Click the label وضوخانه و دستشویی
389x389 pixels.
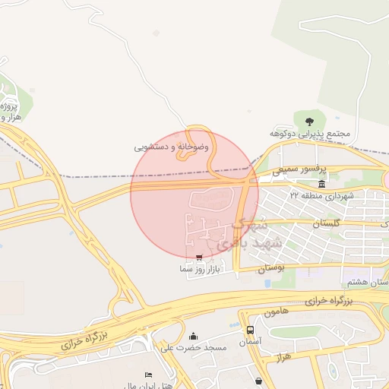coord(172,147)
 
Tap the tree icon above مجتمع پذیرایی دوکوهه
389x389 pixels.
coord(309,121)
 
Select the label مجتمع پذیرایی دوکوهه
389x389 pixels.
coord(310,133)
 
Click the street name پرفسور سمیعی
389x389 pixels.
coord(300,170)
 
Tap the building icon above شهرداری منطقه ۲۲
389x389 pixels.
coord(322,184)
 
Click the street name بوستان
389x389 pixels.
coord(270,268)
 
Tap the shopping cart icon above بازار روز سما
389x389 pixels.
coord(199,258)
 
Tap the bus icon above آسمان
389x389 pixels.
coord(251,330)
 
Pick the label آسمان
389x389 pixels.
coord(251,342)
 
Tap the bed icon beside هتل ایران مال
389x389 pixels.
coord(148,375)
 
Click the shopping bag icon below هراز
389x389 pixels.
coord(260,380)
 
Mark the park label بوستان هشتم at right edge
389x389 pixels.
coord(377,282)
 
